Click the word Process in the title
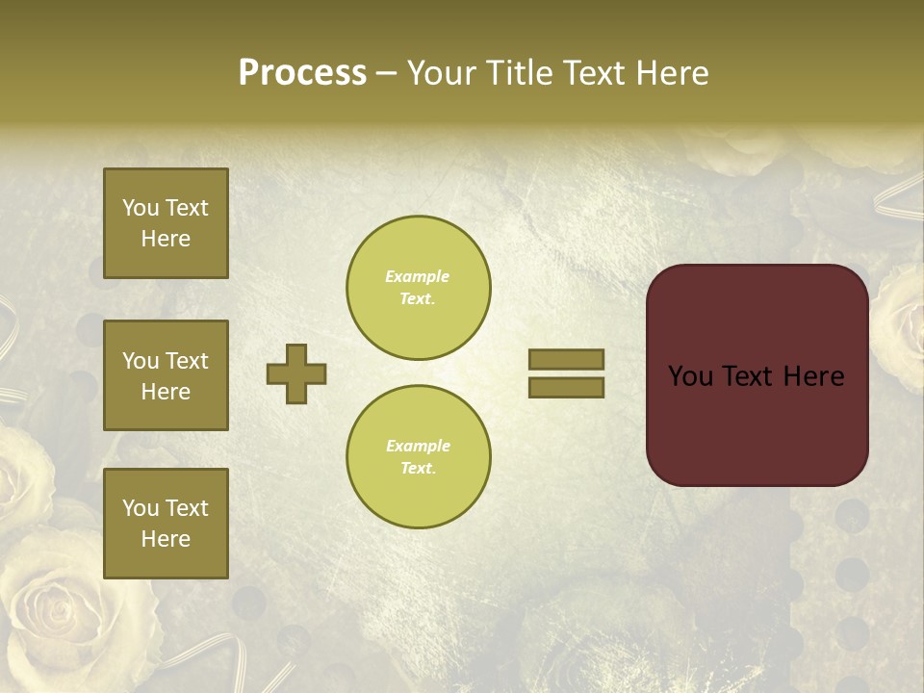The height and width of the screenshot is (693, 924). click(x=302, y=73)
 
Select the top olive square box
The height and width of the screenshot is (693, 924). click(x=166, y=223)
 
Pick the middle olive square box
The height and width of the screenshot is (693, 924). click(x=166, y=375)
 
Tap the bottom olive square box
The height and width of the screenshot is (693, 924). click(x=166, y=524)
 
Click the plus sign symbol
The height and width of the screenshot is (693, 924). click(x=296, y=373)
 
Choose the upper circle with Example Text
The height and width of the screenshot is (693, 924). click(x=418, y=288)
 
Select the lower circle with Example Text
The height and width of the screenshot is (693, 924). click(x=418, y=456)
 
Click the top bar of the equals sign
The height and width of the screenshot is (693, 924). click(x=566, y=359)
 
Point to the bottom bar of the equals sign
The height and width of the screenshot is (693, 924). click(x=566, y=387)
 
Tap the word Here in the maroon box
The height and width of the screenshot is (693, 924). click(x=813, y=376)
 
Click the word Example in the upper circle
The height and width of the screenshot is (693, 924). click(x=418, y=276)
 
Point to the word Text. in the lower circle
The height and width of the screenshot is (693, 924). click(x=418, y=468)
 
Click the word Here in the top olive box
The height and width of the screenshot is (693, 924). click(x=166, y=239)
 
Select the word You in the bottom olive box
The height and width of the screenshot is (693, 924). click(x=141, y=508)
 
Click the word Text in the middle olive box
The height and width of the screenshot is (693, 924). click(x=186, y=361)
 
